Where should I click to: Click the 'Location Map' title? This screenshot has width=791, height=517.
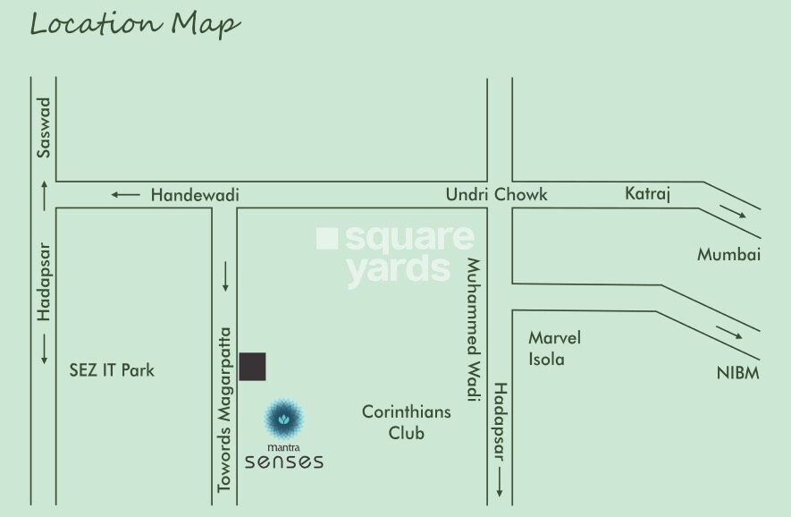tap(135, 24)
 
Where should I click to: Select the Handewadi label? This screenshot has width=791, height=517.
tap(195, 194)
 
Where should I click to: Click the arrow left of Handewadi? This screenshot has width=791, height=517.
tap(125, 194)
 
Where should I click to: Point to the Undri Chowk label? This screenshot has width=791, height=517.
tap(497, 194)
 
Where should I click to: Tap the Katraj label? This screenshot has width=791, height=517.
tap(647, 193)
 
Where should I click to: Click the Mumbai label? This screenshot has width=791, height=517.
tap(728, 255)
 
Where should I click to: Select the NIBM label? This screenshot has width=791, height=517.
tap(737, 373)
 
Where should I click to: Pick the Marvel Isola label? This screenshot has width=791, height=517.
tap(554, 349)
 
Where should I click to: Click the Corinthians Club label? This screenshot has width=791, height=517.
tap(406, 422)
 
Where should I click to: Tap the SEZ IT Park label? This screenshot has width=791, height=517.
tap(112, 369)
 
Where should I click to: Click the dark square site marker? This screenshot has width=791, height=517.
tap(253, 367)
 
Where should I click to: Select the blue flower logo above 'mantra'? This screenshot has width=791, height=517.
tap(284, 416)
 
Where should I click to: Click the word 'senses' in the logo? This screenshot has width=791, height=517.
tap(284, 462)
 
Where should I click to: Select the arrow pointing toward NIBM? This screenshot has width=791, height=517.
tap(729, 333)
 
